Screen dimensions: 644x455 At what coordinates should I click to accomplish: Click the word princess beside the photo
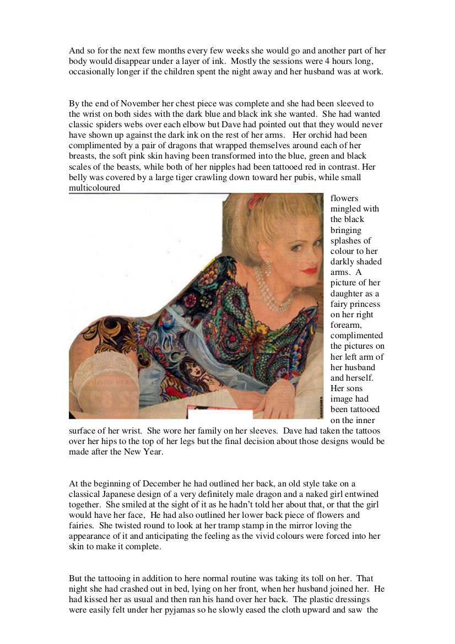(x=360, y=304)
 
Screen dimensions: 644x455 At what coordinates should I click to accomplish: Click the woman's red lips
(x=310, y=270)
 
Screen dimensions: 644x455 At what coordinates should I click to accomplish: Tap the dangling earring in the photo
(x=268, y=268)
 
